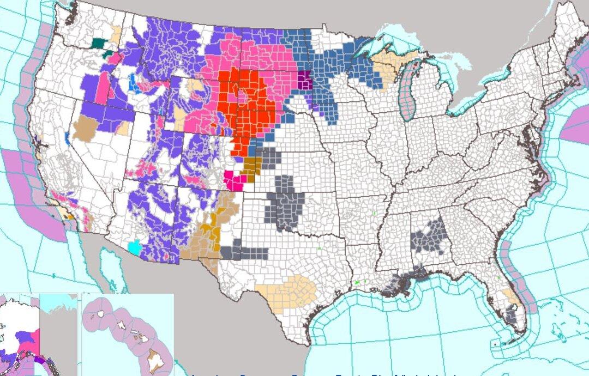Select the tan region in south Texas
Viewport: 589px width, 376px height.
pos(289,292)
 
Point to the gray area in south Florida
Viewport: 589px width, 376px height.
pos(511,314)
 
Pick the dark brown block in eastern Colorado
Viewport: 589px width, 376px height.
pos(252,166)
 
